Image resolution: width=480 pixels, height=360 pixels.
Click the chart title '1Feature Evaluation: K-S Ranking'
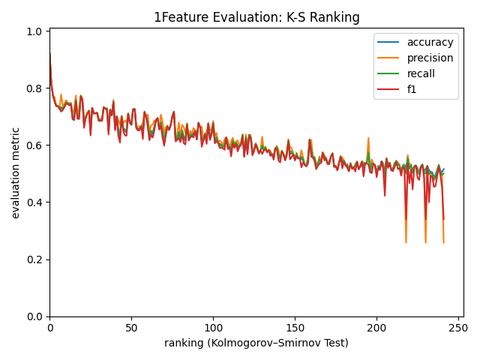click(x=256, y=17)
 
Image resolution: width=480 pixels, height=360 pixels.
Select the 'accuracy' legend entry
click(x=429, y=43)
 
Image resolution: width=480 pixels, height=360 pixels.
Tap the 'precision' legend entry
click(x=429, y=58)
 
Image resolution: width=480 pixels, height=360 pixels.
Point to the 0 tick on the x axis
click(x=49, y=328)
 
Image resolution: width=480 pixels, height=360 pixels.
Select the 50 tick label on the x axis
click(x=131, y=328)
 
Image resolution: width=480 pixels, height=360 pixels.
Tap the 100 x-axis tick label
click(x=213, y=328)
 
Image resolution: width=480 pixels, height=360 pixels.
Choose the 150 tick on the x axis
click(x=295, y=328)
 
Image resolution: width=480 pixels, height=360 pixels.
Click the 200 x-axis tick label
click(x=376, y=328)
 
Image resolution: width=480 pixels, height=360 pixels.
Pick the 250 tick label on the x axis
click(x=458, y=328)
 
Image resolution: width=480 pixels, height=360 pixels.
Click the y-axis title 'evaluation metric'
click(x=16, y=172)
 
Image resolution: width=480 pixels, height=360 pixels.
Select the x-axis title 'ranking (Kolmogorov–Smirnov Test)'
click(x=256, y=343)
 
